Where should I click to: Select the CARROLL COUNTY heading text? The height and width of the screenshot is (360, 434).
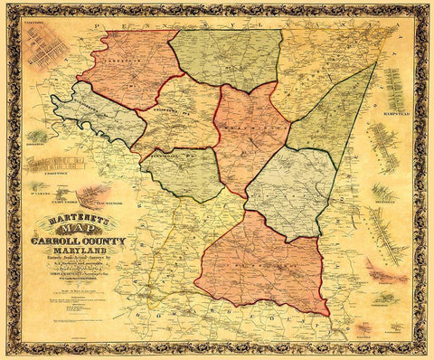(x=80, y=243)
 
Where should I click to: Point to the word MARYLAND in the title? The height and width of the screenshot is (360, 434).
(x=80, y=252)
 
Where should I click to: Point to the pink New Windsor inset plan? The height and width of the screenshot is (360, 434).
(x=91, y=194)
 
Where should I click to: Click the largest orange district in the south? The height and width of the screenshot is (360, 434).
(x=262, y=267)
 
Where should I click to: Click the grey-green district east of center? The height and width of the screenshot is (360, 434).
(x=289, y=190)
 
